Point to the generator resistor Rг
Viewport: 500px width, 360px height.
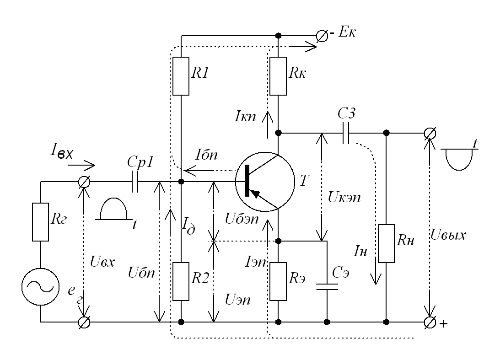(40, 222)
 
